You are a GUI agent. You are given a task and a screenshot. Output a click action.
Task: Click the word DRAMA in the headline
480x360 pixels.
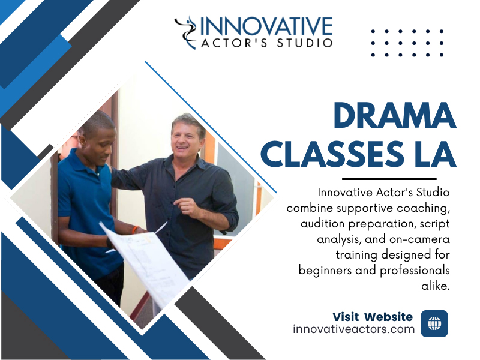[x=395, y=115]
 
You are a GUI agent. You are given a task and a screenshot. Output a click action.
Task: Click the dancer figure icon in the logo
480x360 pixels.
[x=187, y=32]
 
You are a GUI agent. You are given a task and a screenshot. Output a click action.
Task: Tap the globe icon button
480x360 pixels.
[x=434, y=323]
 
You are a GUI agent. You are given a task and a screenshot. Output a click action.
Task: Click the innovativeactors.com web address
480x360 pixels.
[x=353, y=329]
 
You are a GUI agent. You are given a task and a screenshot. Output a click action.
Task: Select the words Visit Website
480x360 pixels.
[x=373, y=317]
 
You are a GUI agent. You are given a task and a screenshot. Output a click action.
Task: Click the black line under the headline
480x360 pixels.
[x=389, y=178]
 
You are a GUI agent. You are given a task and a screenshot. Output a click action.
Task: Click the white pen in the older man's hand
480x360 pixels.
[x=161, y=228]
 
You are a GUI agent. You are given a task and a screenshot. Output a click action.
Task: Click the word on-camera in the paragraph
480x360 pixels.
[x=419, y=239]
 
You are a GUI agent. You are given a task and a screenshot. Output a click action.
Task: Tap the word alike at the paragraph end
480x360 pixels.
[x=436, y=286]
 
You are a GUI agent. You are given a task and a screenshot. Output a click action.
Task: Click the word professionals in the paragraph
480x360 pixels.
[x=415, y=271]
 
